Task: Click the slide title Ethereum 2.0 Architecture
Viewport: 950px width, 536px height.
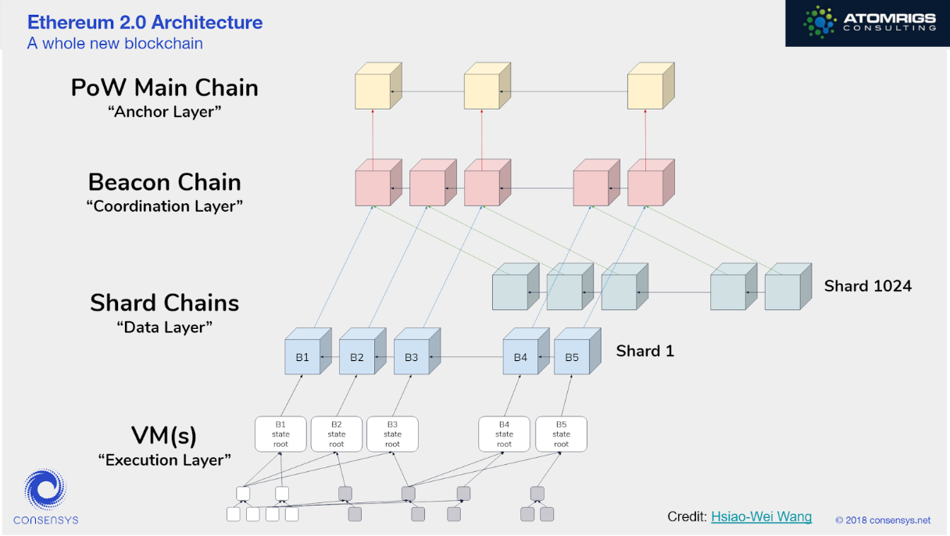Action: click(145, 22)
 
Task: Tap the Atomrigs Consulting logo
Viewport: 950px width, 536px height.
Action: click(867, 23)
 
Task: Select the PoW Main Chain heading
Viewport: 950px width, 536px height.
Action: click(164, 88)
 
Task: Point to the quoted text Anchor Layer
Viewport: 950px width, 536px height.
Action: click(164, 112)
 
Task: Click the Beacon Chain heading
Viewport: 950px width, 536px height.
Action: click(164, 182)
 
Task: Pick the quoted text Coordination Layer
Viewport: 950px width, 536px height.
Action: click(164, 206)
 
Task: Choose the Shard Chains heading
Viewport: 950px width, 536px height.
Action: click(164, 302)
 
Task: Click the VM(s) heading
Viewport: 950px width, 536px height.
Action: click(164, 434)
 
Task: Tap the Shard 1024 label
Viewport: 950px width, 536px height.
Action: click(867, 286)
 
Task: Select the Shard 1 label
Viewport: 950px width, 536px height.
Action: click(645, 351)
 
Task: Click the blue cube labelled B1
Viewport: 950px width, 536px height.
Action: click(302, 357)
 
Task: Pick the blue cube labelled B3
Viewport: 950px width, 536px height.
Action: click(411, 357)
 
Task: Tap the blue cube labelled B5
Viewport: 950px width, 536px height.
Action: click(572, 357)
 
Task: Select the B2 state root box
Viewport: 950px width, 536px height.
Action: click(337, 434)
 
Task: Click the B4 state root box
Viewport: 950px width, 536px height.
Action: click(504, 434)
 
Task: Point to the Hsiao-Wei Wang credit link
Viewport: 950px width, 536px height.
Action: click(761, 516)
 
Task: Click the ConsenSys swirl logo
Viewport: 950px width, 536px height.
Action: click(45, 490)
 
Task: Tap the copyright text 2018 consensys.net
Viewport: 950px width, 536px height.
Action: click(883, 520)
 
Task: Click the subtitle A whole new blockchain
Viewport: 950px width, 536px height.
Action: click(115, 44)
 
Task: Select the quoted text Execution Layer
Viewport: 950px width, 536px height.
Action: click(164, 460)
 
